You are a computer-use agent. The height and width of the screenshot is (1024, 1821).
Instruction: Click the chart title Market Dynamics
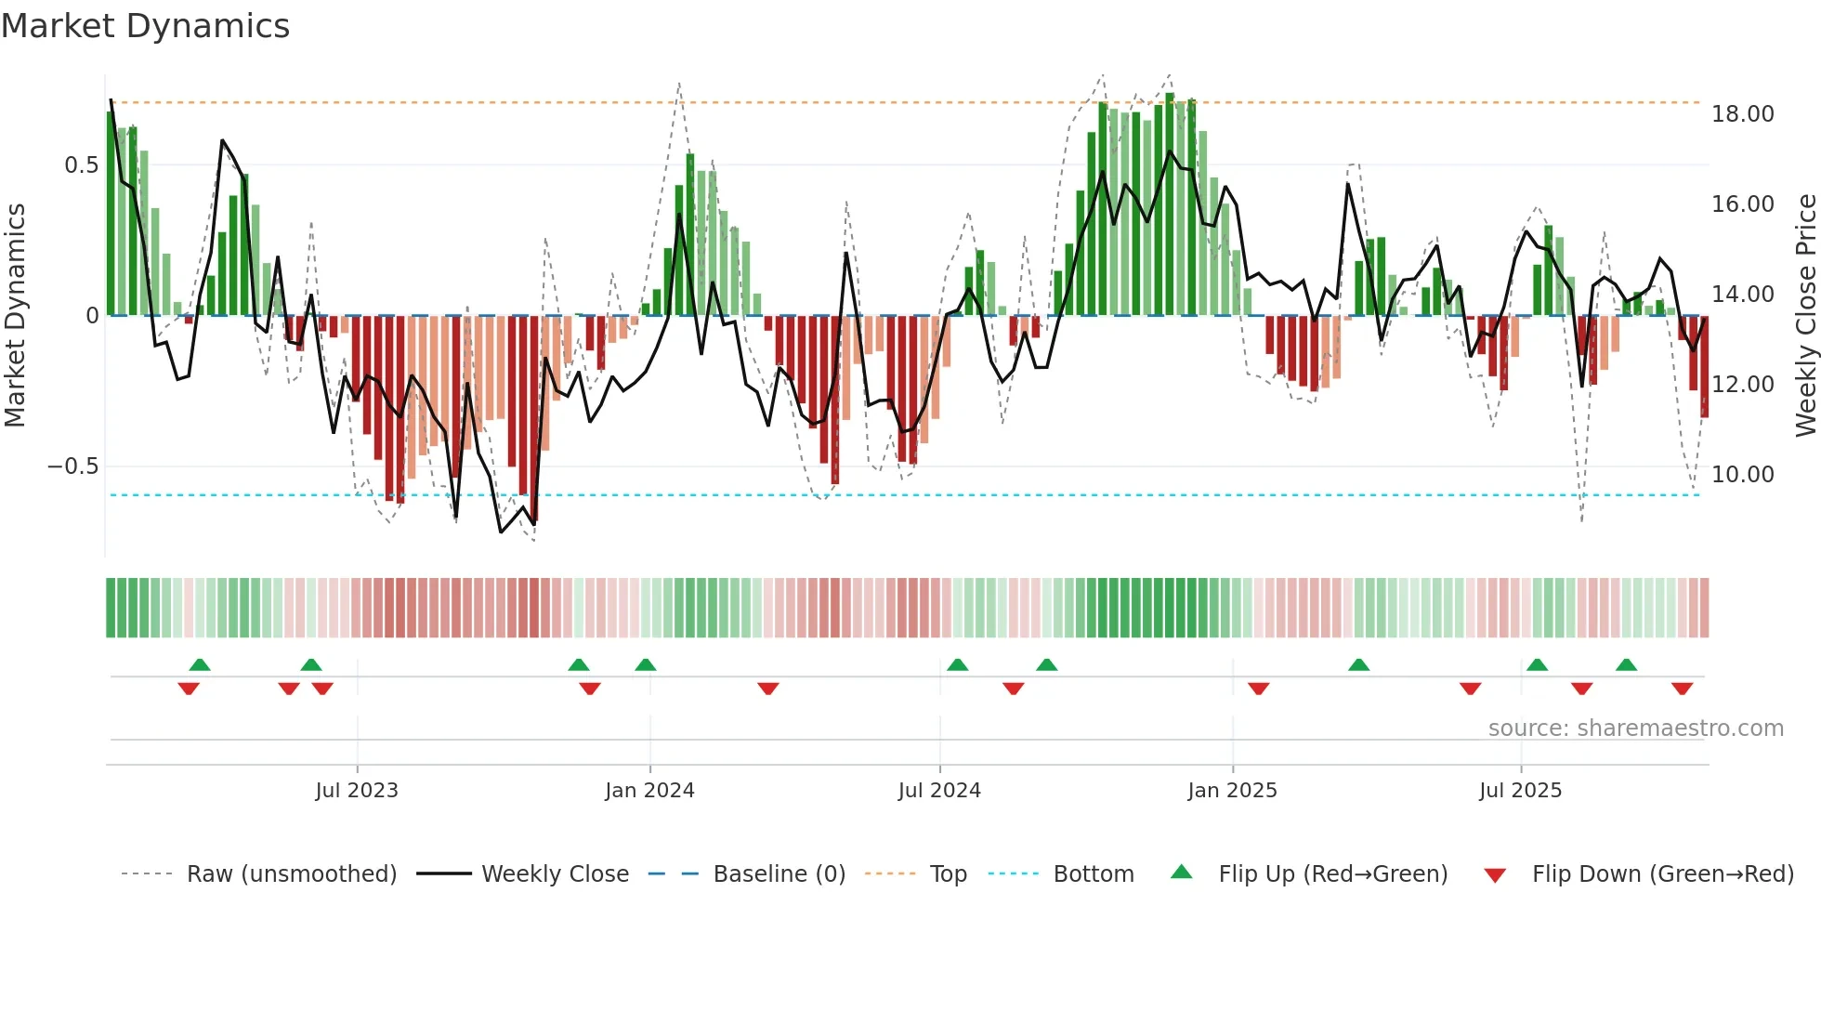point(145,26)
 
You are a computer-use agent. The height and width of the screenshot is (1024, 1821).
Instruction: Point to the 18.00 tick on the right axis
point(1742,114)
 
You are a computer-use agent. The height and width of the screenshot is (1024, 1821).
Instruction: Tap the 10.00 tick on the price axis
point(1742,475)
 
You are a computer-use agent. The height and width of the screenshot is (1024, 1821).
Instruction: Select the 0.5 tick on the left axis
point(81,165)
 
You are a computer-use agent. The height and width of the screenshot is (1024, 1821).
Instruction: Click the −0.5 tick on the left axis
point(73,466)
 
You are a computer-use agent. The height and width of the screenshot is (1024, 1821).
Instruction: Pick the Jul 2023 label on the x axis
point(357,791)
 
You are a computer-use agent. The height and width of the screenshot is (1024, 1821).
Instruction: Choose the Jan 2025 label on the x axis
point(1232,791)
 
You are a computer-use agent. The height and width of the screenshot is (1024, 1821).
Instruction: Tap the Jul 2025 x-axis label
point(1520,791)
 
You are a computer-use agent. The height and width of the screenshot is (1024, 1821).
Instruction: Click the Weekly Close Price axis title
point(1805,316)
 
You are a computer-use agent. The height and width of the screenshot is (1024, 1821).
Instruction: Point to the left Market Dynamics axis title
point(15,316)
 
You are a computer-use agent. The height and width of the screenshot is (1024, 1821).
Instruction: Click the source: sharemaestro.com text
point(1635,729)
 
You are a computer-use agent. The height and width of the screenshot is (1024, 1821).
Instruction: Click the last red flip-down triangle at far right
point(1682,689)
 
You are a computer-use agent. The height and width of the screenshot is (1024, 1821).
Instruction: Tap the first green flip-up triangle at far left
point(200,664)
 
